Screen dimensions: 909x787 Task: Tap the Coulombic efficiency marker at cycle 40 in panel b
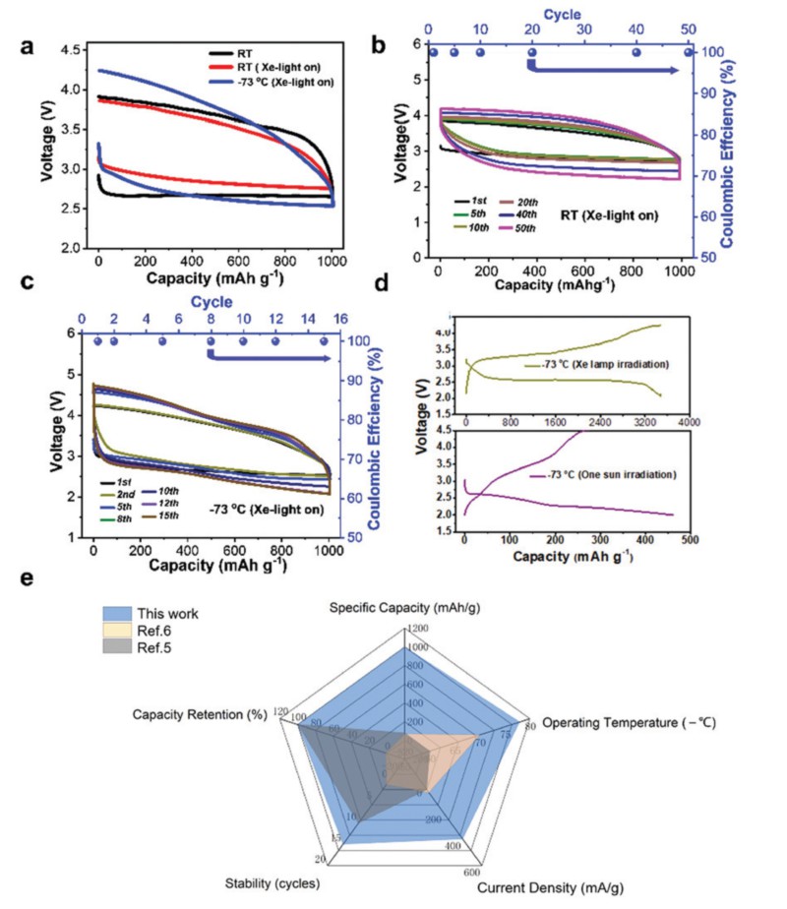pos(636,52)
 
